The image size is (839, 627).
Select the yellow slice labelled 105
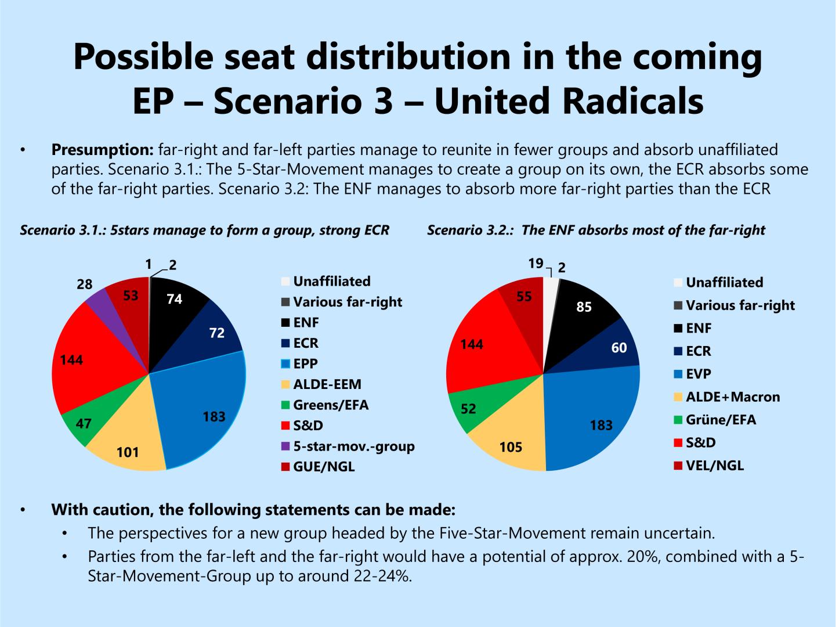(511, 444)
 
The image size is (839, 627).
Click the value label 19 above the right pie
(535, 264)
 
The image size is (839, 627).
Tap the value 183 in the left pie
(214, 416)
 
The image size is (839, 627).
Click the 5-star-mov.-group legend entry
(353, 446)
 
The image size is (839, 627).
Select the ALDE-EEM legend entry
(327, 384)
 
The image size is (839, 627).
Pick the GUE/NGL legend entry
(323, 466)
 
